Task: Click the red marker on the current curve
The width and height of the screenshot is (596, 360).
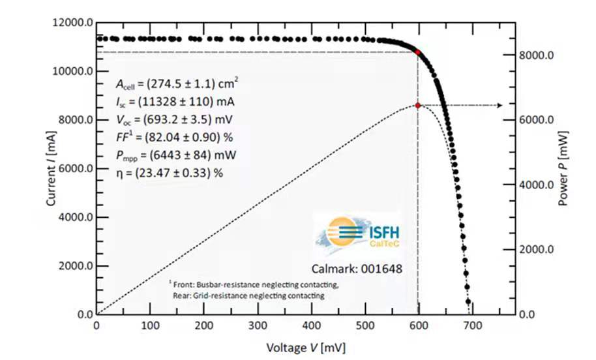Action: click(x=417, y=52)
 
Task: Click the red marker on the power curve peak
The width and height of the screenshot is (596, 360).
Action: click(x=417, y=105)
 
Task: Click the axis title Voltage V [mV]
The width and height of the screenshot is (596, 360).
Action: click(x=301, y=347)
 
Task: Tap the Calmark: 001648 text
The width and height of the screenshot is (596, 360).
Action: click(x=355, y=268)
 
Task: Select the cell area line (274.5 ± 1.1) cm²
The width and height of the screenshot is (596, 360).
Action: click(x=177, y=83)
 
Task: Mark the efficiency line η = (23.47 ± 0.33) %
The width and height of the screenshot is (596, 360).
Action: click(x=168, y=173)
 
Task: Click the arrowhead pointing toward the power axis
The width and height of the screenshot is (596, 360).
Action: click(x=499, y=105)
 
